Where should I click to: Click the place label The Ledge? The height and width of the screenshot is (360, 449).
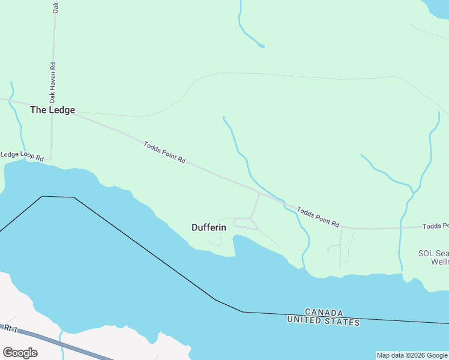click(x=53, y=110)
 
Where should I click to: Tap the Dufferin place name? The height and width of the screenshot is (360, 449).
click(x=209, y=227)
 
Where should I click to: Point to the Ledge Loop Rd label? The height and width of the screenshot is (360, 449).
click(x=22, y=156)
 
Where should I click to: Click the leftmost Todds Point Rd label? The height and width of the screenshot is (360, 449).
click(x=164, y=153)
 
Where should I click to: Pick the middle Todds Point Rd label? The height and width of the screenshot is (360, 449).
click(x=318, y=217)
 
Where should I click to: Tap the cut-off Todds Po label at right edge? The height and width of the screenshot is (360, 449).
click(x=435, y=226)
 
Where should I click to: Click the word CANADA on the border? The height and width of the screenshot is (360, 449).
click(x=324, y=313)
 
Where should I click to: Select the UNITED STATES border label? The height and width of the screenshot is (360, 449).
click(x=324, y=322)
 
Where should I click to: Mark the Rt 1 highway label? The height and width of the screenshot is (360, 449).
click(x=9, y=328)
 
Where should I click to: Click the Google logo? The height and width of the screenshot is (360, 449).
click(x=20, y=352)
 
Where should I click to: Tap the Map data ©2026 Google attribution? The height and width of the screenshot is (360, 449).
click(x=412, y=355)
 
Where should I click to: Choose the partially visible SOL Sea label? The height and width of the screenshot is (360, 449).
click(x=433, y=253)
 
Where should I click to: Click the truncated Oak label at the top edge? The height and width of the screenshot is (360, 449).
click(x=55, y=7)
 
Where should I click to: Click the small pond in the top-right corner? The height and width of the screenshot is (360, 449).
click(x=437, y=7)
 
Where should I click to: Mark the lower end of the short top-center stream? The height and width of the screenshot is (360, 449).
click(x=261, y=46)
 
